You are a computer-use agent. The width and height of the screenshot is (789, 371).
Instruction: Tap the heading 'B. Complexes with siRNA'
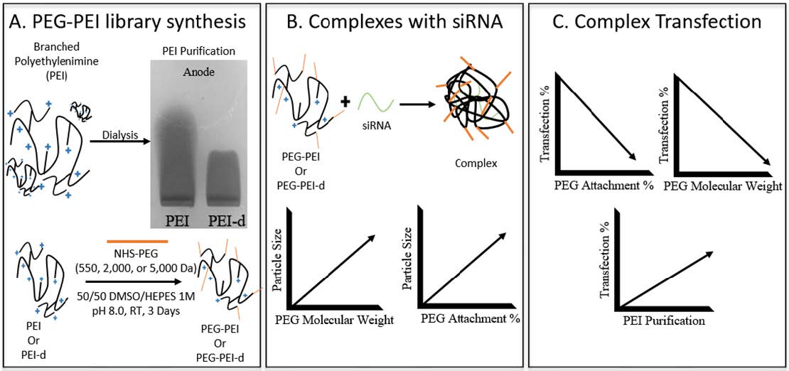click(394, 22)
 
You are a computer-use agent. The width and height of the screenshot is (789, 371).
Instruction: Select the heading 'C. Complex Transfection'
click(657, 22)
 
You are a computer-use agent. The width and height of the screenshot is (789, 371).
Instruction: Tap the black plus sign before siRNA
click(345, 102)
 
